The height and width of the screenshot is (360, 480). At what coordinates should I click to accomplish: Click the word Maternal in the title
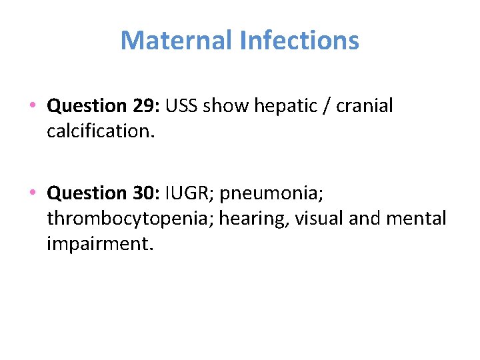177,41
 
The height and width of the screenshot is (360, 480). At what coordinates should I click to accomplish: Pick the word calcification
101,131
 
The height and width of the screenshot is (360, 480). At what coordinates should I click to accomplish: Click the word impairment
100,243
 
